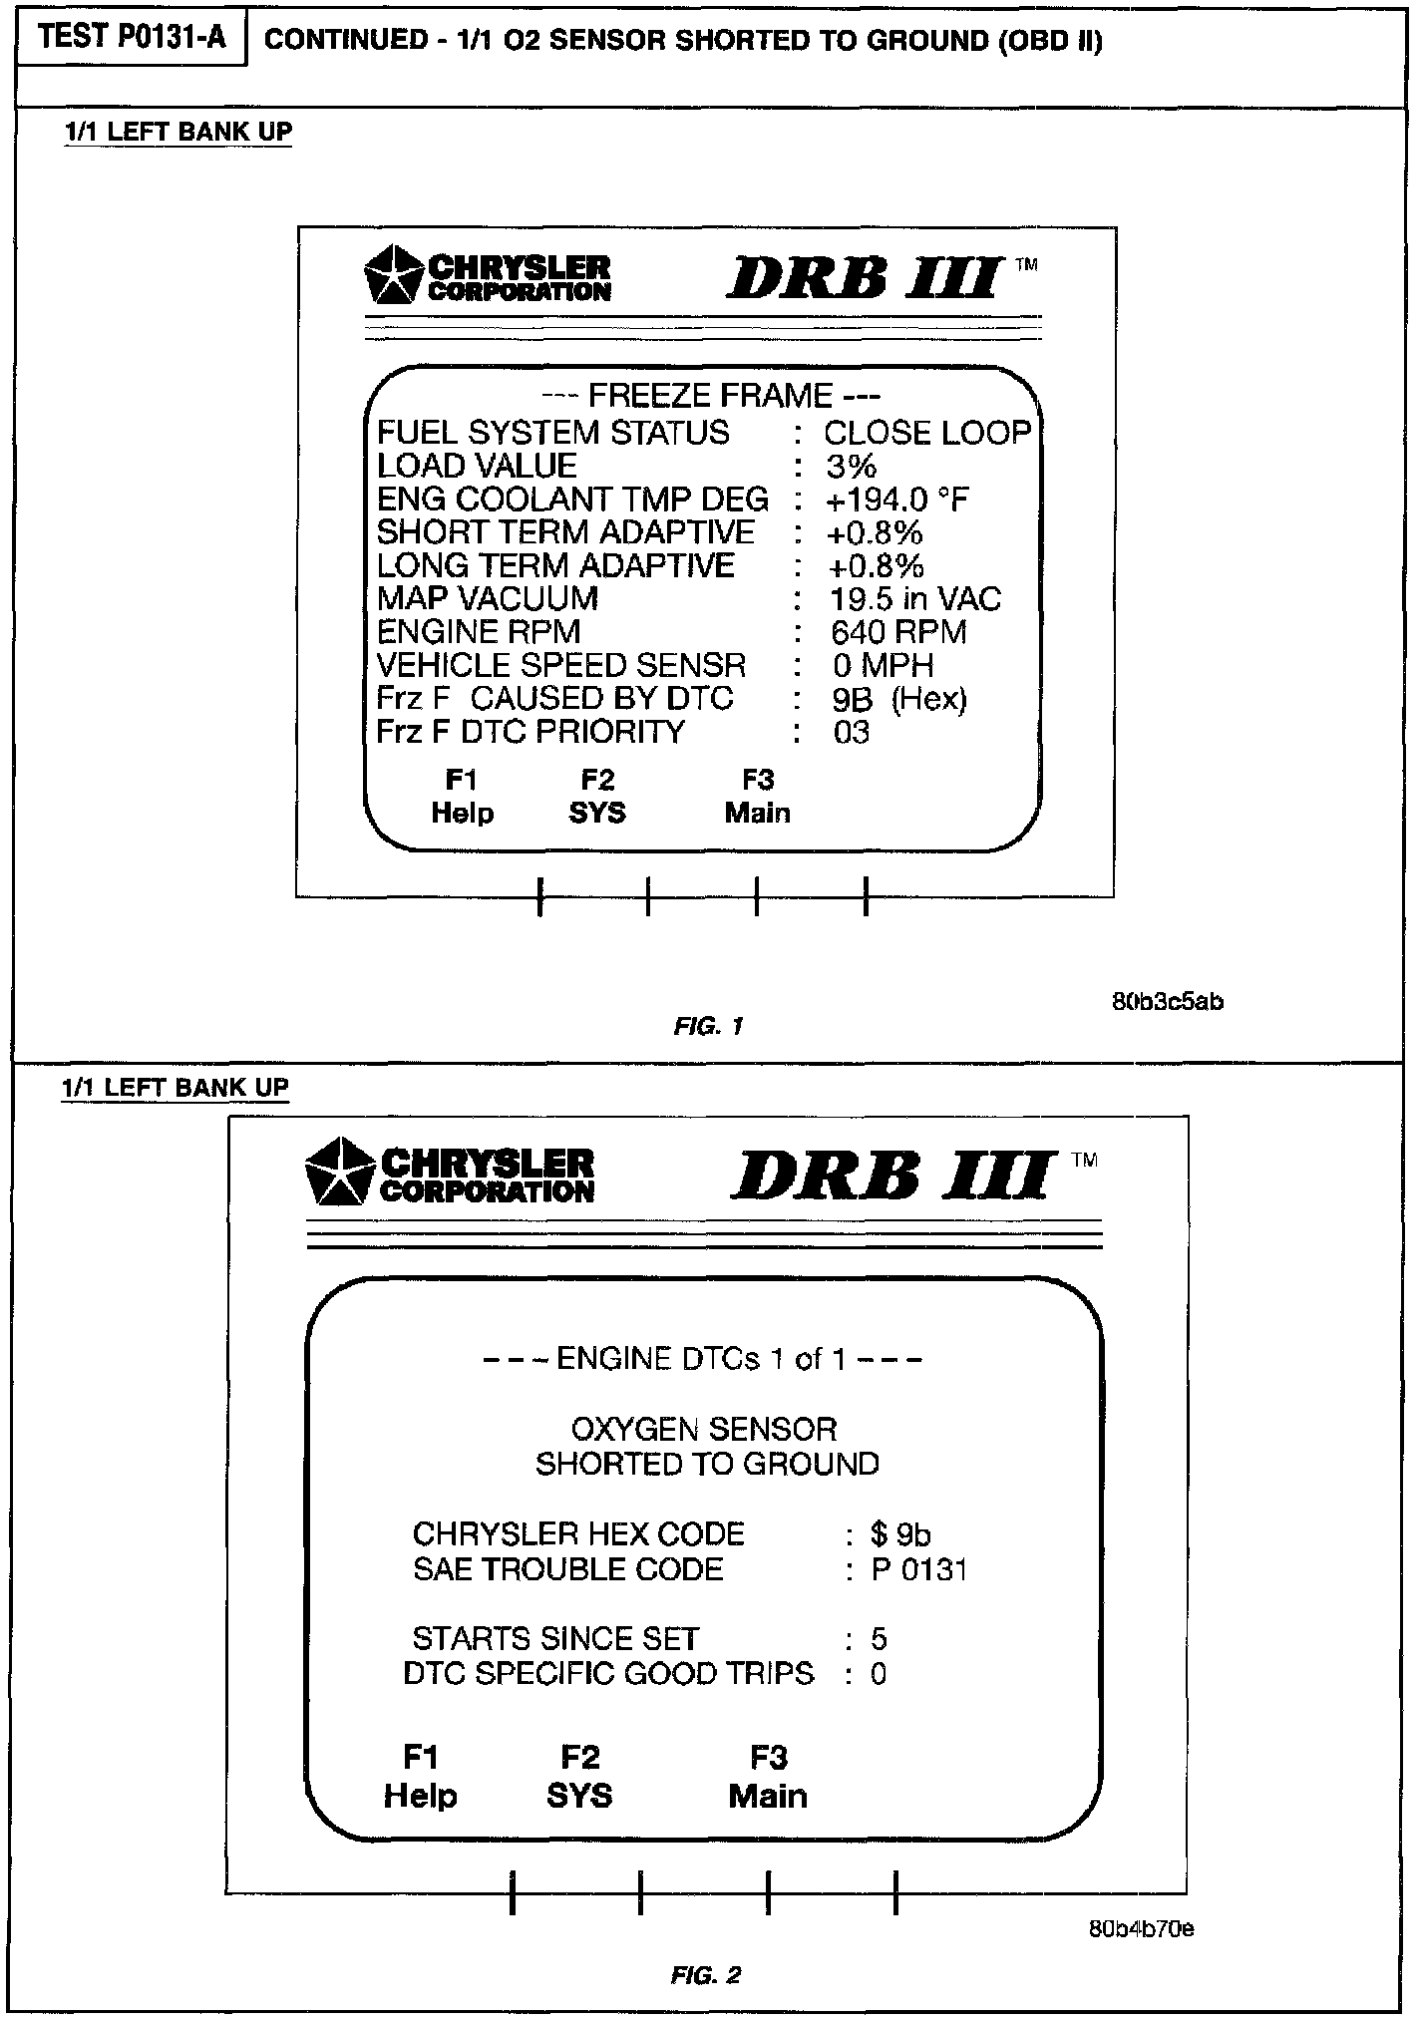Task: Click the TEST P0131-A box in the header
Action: [x=132, y=38]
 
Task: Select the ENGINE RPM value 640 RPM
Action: [x=898, y=632]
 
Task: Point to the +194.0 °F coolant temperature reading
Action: [x=896, y=500]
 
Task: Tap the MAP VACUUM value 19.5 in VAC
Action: [x=914, y=599]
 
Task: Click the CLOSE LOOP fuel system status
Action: [x=926, y=433]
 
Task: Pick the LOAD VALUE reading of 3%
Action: [x=851, y=467]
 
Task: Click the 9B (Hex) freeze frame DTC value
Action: [x=898, y=699]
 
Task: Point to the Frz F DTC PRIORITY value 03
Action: [x=852, y=733]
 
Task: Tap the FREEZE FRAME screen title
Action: [x=710, y=396]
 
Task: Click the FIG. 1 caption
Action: [x=708, y=1026]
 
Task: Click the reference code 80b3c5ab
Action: [x=1167, y=1001]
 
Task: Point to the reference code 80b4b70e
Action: [x=1141, y=1928]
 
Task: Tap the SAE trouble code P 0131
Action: [x=918, y=1569]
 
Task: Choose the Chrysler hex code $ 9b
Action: [x=899, y=1533]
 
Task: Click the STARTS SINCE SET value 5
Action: [x=879, y=1639]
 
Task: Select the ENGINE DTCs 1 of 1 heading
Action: [x=702, y=1359]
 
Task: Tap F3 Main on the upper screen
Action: [x=758, y=797]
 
